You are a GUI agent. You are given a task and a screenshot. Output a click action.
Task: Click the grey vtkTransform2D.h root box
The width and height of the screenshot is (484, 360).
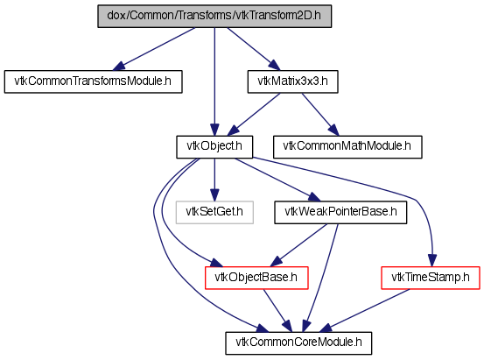[214, 16]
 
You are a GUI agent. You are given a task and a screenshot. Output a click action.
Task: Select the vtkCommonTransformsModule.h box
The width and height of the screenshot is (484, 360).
[94, 81]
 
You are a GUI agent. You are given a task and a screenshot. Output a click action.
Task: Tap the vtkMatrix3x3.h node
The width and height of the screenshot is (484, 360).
[292, 81]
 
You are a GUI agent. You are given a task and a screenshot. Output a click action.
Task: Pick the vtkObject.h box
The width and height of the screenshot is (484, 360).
[214, 147]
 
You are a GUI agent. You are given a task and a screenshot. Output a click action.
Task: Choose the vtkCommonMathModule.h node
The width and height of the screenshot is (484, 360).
[347, 147]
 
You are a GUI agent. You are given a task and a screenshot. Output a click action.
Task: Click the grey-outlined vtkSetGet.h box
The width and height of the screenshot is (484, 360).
[214, 212]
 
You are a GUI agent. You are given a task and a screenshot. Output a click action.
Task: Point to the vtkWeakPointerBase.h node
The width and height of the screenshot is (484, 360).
[340, 212]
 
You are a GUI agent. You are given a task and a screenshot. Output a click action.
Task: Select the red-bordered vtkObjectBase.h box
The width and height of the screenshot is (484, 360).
[256, 278]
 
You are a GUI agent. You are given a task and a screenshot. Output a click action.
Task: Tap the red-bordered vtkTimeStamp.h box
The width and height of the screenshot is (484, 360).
[431, 278]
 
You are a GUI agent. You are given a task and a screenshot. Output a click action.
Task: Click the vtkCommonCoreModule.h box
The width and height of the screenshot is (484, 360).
[298, 343]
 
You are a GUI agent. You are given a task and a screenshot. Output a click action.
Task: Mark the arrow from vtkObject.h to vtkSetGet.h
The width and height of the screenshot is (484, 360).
[214, 180]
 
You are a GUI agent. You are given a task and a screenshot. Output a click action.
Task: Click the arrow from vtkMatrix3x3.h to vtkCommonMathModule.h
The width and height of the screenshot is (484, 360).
[320, 115]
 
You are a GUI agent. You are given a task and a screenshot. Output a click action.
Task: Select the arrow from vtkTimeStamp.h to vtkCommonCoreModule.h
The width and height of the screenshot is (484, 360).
[365, 311]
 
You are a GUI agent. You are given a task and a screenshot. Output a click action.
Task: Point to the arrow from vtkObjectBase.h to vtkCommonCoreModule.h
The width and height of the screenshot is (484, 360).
[277, 311]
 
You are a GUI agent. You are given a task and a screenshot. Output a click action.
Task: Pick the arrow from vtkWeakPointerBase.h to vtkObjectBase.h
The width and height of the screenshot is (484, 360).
[298, 245]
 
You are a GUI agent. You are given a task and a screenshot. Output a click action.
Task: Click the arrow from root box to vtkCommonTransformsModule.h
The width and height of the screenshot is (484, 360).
[154, 49]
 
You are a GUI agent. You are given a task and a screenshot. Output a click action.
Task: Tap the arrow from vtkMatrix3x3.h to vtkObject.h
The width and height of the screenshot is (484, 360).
[254, 115]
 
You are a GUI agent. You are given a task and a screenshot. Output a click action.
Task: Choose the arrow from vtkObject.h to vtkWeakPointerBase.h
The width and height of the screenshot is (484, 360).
[277, 180]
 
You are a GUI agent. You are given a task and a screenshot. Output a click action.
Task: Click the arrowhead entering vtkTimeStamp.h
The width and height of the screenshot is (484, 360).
[432, 260]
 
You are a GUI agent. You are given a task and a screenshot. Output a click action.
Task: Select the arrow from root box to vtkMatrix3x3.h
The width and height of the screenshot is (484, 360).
[254, 49]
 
